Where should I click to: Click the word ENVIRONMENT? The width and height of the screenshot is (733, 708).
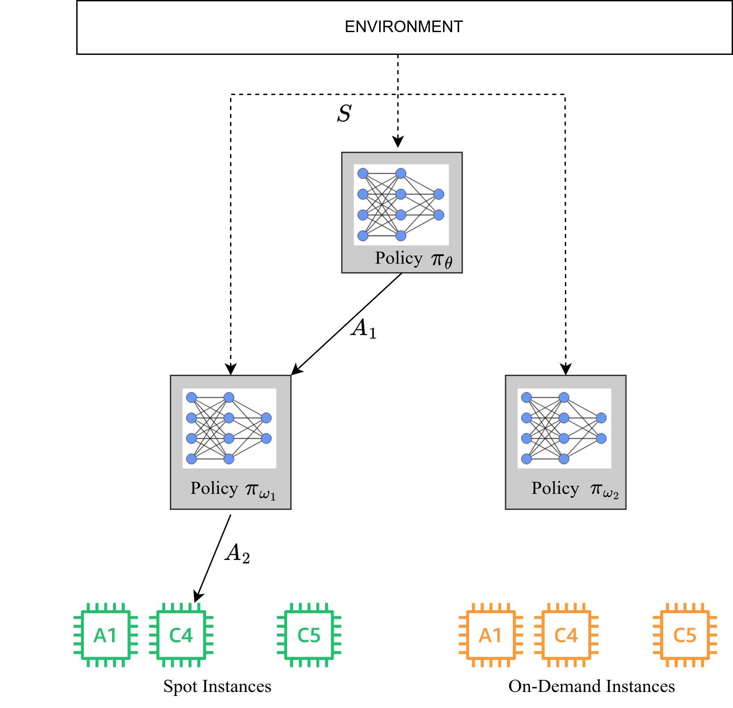404,27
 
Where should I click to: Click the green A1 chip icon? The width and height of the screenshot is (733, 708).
106,635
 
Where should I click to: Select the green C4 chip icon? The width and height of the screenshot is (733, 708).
181,635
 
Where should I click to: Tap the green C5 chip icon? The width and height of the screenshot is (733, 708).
309,635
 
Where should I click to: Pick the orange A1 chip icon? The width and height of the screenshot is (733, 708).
490,635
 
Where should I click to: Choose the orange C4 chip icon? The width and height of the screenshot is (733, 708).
566,635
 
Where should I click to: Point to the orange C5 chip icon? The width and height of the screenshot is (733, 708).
685,635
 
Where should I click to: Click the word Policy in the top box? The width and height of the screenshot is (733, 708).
398,258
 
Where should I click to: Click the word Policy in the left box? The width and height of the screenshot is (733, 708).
214,488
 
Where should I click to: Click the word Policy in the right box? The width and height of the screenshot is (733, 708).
555,488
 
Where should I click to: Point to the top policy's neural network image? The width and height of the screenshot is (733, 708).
401,204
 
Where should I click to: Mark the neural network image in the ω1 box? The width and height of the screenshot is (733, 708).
229,428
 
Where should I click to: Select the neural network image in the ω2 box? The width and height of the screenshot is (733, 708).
564,428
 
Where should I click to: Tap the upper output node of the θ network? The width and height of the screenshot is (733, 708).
439,194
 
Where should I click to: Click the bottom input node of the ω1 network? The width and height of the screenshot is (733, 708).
192,459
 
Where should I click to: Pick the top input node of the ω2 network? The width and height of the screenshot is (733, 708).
527,397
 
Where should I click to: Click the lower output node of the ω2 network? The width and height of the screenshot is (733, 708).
601,439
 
